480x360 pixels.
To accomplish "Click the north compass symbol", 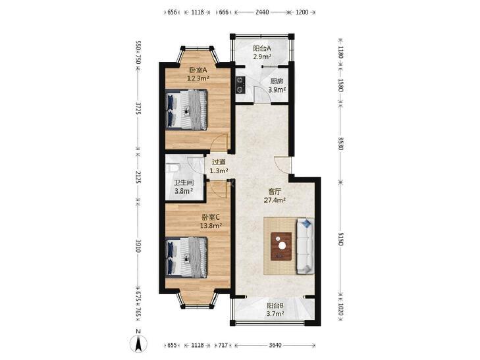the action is coord(138,343).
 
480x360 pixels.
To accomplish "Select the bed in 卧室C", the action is coord(186,257).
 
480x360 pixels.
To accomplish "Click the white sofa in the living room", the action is coord(306,246).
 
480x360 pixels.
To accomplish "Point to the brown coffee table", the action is coord(281,246).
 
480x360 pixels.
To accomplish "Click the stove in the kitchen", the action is coord(240,84).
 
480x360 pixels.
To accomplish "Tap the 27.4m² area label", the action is coord(275,200).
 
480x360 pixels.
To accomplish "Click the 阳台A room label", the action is coord(262,48).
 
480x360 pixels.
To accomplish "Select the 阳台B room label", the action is coord(275,305).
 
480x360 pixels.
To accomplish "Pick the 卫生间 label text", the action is coord(184,183).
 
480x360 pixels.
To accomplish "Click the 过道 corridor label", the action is coord(219,162).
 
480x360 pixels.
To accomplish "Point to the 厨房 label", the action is coord(277,82).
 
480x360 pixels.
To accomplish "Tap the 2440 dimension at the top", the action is coord(262,13).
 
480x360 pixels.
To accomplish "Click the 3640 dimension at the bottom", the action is coord(275,345).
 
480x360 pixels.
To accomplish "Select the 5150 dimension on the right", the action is coord(340,239).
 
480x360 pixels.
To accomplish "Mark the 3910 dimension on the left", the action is coord(138,246).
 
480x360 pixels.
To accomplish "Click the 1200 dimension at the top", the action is coord(302,13).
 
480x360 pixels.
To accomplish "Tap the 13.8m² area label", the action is coord(211,226).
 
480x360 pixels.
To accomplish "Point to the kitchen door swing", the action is coord(262,95).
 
